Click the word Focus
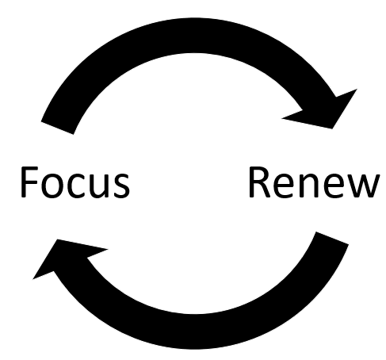pyautogui.click(x=75, y=182)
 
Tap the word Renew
pyautogui.click(x=315, y=182)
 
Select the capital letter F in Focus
pyautogui.click(x=29, y=182)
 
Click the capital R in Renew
pyautogui.click(x=260, y=182)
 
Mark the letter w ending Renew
pyautogui.click(x=363, y=186)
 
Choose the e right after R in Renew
pyautogui.click(x=284, y=186)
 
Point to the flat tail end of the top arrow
pyautogui.click(x=57, y=128)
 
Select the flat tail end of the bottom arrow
pyautogui.click(x=332, y=238)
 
